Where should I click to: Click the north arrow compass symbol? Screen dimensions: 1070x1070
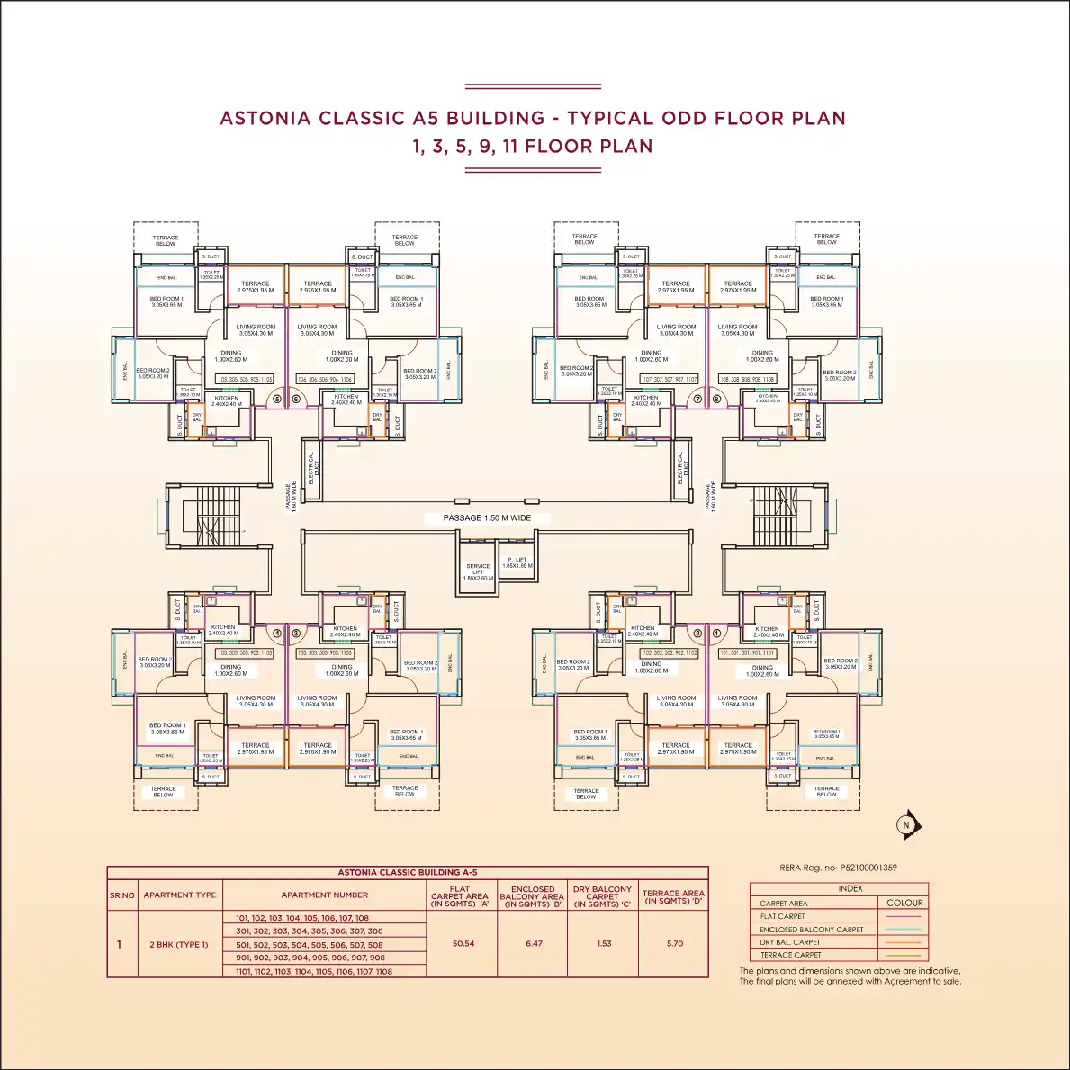[907, 824]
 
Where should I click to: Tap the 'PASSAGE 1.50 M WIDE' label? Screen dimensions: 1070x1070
[487, 518]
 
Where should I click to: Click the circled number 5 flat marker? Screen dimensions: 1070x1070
[277, 399]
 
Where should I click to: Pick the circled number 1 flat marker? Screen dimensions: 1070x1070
[717, 634]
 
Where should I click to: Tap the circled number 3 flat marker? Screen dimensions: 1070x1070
[295, 634]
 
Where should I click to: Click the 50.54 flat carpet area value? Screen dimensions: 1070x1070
[463, 944]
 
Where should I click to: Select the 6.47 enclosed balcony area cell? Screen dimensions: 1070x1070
[534, 944]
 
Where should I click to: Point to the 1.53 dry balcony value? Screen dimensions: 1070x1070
[604, 944]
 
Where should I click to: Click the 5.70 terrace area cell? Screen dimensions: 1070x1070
[675, 944]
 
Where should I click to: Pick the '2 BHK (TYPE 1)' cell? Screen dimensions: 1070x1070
[179, 945]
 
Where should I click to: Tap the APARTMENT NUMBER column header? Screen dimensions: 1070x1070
[325, 895]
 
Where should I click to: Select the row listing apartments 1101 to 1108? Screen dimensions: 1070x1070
[314, 972]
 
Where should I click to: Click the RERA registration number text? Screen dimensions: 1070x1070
[838, 868]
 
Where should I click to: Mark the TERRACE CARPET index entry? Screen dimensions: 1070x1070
[791, 955]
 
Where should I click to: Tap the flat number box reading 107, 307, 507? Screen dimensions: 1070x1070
[669, 380]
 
